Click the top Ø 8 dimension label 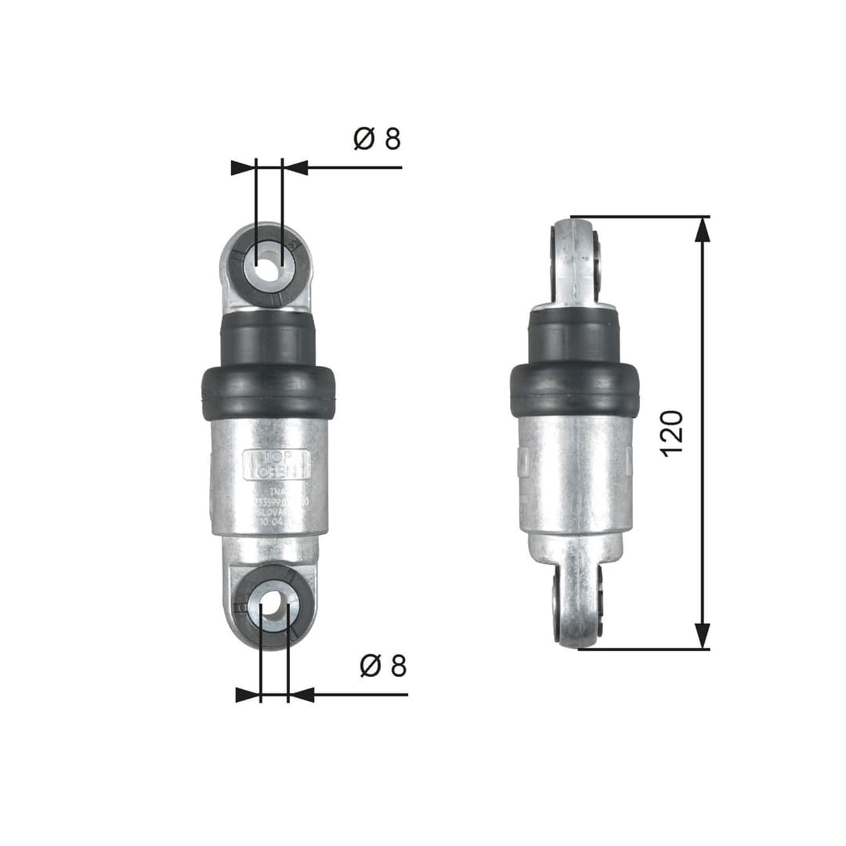tap(377, 139)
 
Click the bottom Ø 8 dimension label tap(383, 666)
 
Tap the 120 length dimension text tap(672, 432)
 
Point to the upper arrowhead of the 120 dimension tap(703, 229)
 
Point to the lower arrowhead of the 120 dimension tap(703, 636)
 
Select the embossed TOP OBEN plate tap(277, 465)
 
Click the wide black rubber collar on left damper tap(268, 392)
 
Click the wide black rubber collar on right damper tap(574, 390)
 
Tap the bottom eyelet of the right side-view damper tap(578, 603)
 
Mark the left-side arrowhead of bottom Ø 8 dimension tap(248, 694)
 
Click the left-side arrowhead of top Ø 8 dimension tap(244, 167)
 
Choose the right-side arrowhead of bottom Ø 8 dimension tap(302, 694)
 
